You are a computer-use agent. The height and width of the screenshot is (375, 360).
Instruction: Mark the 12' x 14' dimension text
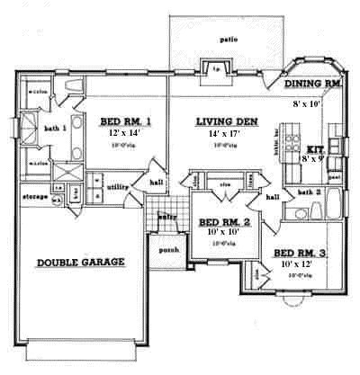[122, 133]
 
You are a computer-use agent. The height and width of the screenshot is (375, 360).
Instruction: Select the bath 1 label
[56, 129]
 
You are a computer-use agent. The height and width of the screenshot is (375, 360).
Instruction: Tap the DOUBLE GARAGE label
[80, 263]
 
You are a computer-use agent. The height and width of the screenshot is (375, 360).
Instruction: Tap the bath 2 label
[309, 192]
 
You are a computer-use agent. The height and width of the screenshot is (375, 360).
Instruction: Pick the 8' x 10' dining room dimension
[307, 103]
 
